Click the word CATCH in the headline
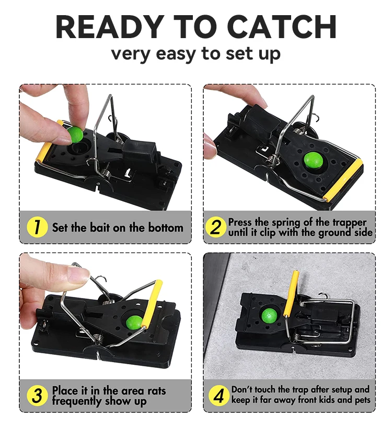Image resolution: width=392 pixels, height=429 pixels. (x=281, y=27)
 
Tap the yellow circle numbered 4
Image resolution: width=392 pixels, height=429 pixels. (x=219, y=396)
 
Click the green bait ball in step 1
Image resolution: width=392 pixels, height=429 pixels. (x=75, y=135)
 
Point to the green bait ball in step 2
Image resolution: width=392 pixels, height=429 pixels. (x=313, y=161)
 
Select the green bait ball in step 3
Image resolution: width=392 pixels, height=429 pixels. (x=134, y=323)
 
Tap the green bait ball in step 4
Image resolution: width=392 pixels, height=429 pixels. (x=269, y=316)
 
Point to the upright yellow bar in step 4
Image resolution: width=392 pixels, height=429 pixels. (x=291, y=293)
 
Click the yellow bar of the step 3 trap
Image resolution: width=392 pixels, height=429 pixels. (x=152, y=304)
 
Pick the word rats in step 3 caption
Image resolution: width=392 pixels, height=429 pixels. (x=157, y=391)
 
